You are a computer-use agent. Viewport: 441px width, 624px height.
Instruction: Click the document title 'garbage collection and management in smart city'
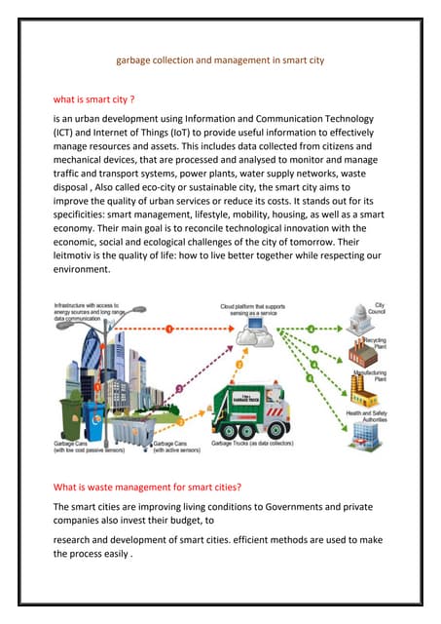tap(220, 60)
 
